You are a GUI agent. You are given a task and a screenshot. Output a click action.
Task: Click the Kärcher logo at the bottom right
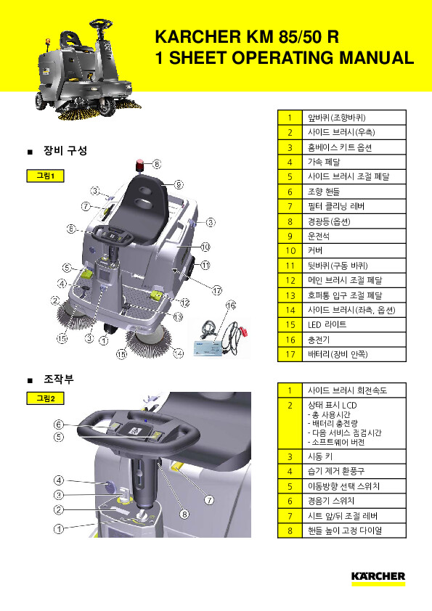pyautogui.click(x=378, y=578)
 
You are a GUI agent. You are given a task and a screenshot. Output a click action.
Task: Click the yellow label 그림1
pyautogui.click(x=45, y=176)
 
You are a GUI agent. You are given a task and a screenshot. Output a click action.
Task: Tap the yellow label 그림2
pyautogui.click(x=45, y=398)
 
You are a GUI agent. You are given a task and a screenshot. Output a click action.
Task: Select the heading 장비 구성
pyautogui.click(x=65, y=150)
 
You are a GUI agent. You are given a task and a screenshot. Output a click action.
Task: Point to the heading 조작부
pyautogui.click(x=59, y=379)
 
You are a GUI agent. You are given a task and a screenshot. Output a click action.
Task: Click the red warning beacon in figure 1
pyautogui.click(x=140, y=165)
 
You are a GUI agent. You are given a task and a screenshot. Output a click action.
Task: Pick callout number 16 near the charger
pyautogui.click(x=231, y=305)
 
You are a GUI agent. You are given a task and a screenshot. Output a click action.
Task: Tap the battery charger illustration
pyautogui.click(x=221, y=338)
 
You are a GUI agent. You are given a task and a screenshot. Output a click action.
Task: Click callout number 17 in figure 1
pyautogui.click(x=217, y=290)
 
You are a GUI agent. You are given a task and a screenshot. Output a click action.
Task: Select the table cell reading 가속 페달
pyautogui.click(x=324, y=162)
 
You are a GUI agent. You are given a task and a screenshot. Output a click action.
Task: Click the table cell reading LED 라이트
pyautogui.click(x=327, y=324)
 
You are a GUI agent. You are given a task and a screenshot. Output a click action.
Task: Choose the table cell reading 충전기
pyautogui.click(x=319, y=340)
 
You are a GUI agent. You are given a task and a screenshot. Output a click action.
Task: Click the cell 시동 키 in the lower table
pyautogui.click(x=320, y=456)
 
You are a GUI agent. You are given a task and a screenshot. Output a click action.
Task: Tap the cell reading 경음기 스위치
pyautogui.click(x=331, y=501)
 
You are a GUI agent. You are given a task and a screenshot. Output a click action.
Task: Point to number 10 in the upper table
pyautogui.click(x=290, y=250)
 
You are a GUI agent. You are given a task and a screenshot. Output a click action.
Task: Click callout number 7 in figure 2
pyautogui.click(x=209, y=499)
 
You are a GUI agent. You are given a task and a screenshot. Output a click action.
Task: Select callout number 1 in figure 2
pyautogui.click(x=59, y=529)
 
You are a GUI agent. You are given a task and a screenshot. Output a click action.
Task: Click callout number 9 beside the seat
pyautogui.click(x=178, y=184)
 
